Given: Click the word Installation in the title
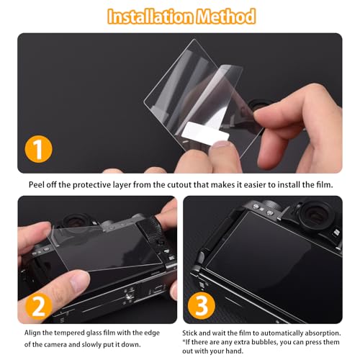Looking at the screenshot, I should [147, 15].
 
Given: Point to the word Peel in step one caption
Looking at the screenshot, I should [39, 184].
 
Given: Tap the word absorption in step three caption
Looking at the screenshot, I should [320, 333].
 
